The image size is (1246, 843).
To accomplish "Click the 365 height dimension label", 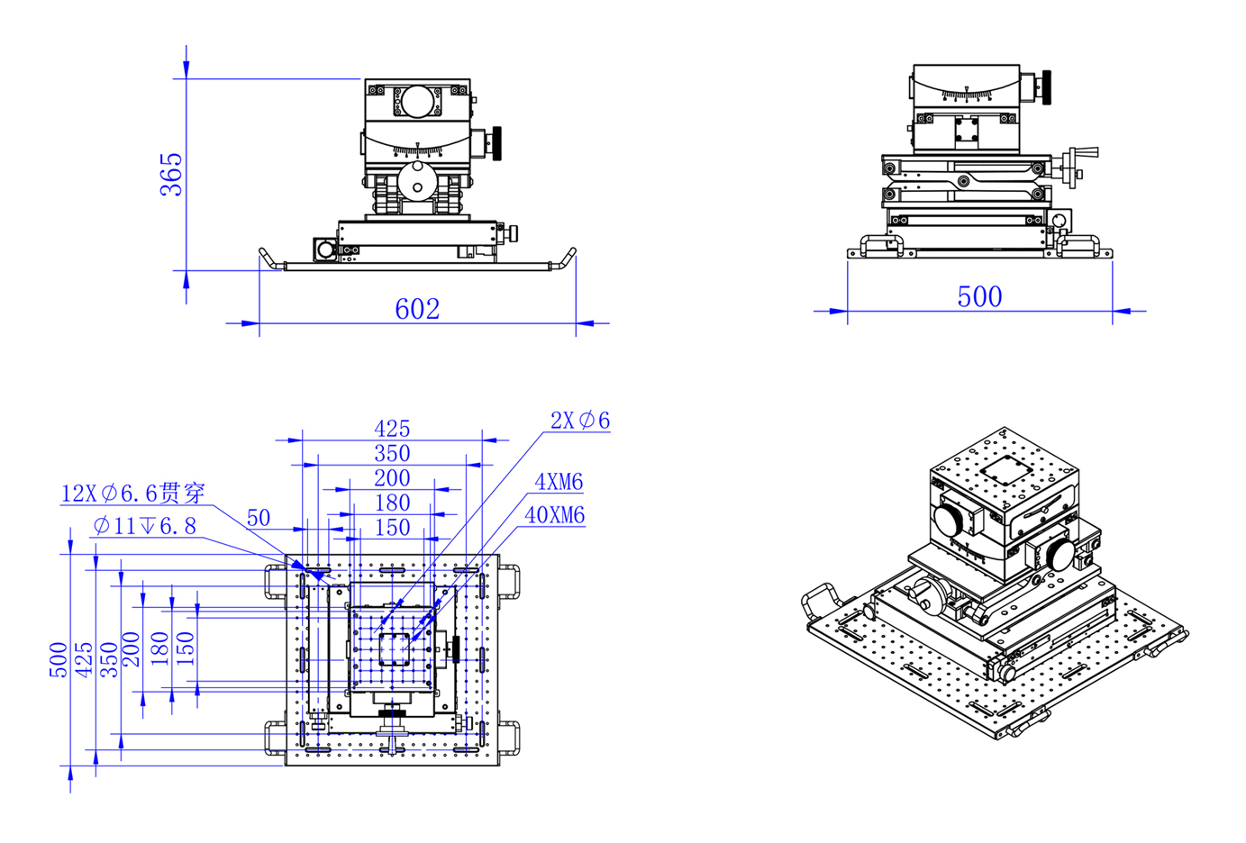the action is pyautogui.click(x=171, y=175).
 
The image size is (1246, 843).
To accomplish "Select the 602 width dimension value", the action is pyautogui.click(x=417, y=309).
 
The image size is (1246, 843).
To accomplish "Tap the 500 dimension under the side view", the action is pyautogui.click(x=979, y=297).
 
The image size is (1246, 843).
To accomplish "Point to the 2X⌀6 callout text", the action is pyautogui.click(x=579, y=421).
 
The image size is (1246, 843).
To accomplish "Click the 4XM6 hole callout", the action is pyautogui.click(x=559, y=482).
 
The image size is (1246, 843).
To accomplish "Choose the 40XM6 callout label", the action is pyautogui.click(x=555, y=515).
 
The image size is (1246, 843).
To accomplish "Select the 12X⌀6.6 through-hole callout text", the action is pyautogui.click(x=133, y=494).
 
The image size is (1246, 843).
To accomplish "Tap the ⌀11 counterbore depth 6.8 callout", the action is pyautogui.click(x=145, y=526).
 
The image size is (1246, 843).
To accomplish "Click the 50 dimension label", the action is pyautogui.click(x=259, y=518).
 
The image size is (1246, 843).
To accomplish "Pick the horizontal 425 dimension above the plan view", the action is pyautogui.click(x=392, y=429).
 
